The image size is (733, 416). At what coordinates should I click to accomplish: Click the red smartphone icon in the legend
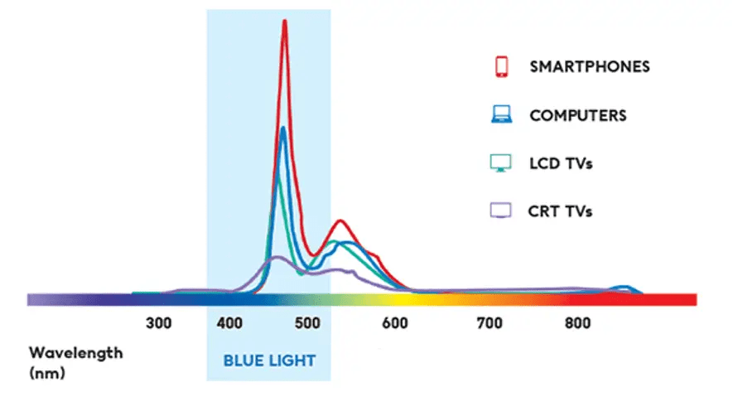click(501, 67)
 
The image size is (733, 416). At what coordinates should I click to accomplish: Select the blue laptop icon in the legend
click(501, 115)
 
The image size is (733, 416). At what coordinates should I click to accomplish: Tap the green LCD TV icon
click(501, 163)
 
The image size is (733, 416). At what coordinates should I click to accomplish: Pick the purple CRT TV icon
click(501, 210)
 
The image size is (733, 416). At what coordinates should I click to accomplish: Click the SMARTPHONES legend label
click(590, 67)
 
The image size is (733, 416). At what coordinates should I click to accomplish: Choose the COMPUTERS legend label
click(578, 115)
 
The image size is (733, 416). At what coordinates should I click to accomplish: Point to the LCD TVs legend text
click(561, 163)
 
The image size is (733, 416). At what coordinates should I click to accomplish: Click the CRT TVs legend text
click(560, 211)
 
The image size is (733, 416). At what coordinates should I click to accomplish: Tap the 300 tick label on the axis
click(158, 323)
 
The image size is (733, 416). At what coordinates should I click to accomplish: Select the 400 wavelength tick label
click(229, 323)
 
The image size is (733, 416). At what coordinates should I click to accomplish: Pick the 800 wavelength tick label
click(577, 323)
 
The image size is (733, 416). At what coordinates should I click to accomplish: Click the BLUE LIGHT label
click(269, 360)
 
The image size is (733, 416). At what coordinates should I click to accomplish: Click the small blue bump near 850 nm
click(623, 288)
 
